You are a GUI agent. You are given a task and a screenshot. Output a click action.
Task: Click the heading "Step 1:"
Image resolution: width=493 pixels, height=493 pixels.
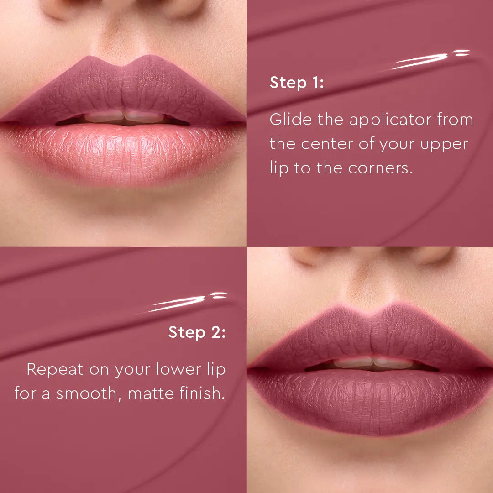pyautogui.click(x=297, y=83)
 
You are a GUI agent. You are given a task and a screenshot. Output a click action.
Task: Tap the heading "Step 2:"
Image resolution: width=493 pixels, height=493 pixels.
pyautogui.click(x=197, y=332)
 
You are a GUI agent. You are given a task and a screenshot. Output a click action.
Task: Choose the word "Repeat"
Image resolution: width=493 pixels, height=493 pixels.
pyautogui.click(x=55, y=369)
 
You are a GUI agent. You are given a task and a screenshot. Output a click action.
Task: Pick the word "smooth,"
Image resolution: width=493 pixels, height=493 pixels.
pyautogui.click(x=89, y=393)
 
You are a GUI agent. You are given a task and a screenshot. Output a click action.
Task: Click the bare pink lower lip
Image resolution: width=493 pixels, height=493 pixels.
pyautogui.click(x=123, y=153)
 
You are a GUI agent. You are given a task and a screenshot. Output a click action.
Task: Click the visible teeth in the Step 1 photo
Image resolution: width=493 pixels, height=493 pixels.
pyautogui.click(x=123, y=117)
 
